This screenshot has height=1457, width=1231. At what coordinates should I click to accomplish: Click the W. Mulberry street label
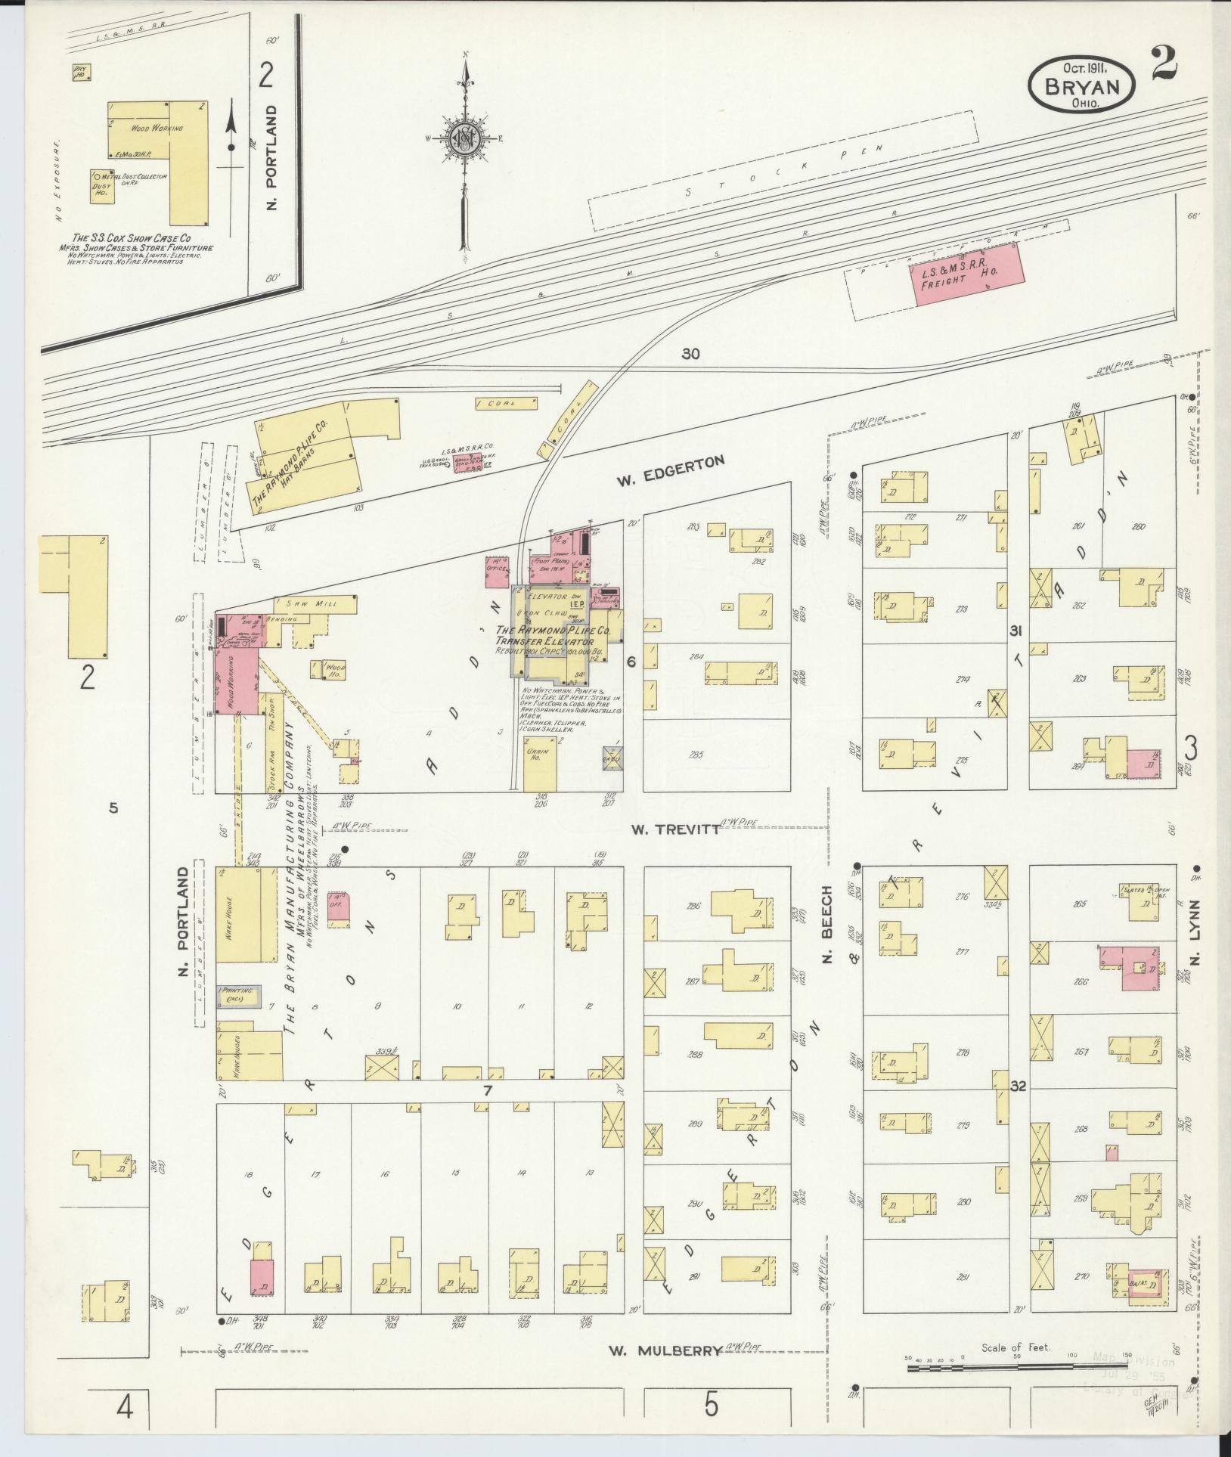click(x=666, y=1350)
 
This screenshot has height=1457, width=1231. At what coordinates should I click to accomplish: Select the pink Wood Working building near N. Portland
click(x=237, y=680)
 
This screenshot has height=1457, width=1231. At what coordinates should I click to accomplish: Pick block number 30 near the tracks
click(x=689, y=353)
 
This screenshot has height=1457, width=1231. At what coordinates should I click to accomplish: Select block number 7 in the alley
click(x=488, y=1090)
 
